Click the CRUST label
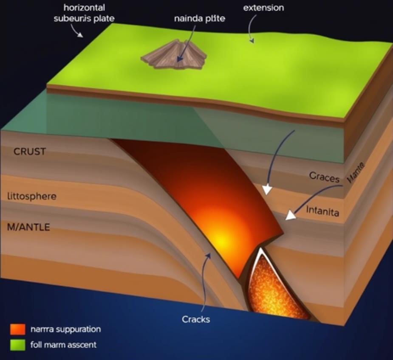click(x=30, y=152)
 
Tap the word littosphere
click(x=32, y=197)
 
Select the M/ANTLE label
click(x=28, y=227)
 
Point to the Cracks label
click(x=195, y=319)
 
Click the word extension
click(x=263, y=8)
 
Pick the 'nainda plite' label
click(x=200, y=19)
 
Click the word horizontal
click(x=85, y=8)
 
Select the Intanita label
click(x=322, y=211)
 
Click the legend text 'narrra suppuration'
click(x=66, y=329)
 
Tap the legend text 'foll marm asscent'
click(x=64, y=344)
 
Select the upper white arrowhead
click(x=266, y=189)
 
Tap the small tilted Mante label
click(x=356, y=174)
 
